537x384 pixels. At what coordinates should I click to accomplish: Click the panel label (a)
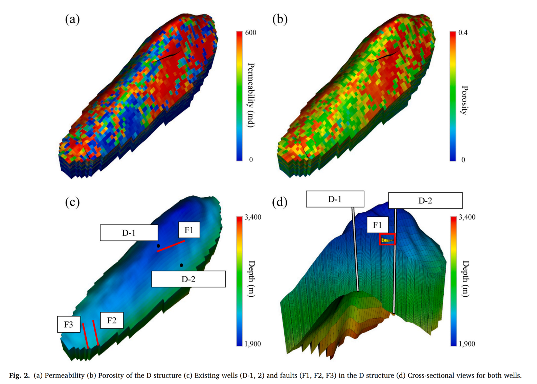72,19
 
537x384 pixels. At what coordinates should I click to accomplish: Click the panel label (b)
280,19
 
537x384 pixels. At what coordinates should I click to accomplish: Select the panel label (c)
72,202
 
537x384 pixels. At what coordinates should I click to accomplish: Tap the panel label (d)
280,202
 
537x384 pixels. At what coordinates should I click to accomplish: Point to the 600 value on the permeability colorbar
251,33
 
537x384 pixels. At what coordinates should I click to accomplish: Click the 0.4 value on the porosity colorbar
463,33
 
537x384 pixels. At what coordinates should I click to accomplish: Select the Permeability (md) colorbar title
251,95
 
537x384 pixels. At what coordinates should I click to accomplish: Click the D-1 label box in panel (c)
129,233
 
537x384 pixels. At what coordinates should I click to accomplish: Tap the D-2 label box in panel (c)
188,279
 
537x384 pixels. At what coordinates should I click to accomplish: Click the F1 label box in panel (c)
189,230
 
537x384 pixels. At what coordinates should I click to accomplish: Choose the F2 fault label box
112,320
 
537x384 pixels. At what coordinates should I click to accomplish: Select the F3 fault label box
69,324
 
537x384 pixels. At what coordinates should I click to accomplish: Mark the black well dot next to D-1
158,246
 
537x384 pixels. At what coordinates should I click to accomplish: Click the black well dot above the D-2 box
181,265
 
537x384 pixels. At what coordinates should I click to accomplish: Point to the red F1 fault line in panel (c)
171,246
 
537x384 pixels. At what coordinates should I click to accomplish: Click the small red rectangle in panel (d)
387,239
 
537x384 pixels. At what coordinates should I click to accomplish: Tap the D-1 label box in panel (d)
335,199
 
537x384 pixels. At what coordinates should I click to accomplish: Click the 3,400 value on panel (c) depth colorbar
253,217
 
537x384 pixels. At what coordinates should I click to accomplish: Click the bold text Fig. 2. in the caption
19,376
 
